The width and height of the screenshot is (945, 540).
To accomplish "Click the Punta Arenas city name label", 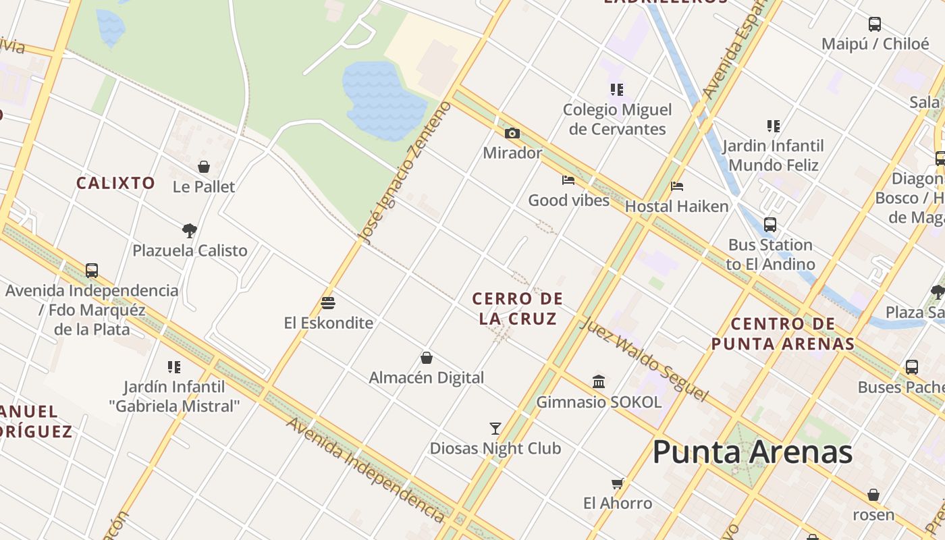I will pyautogui.click(x=752, y=452).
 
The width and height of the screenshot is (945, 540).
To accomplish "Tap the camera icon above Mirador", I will pyautogui.click(x=512, y=133).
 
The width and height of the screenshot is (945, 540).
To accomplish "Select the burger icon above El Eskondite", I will pyautogui.click(x=328, y=302).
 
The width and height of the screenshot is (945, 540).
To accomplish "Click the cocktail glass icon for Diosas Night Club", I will pyautogui.click(x=495, y=429).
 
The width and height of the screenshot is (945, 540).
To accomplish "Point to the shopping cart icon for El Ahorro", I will pyautogui.click(x=617, y=483).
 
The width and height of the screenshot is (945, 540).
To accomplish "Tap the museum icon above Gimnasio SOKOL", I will pyautogui.click(x=599, y=382).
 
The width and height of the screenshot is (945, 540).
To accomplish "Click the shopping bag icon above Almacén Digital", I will pyautogui.click(x=427, y=358).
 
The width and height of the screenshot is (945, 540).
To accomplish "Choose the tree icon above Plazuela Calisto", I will pyautogui.click(x=190, y=231).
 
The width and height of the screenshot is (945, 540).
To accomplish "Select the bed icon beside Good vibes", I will pyautogui.click(x=568, y=180).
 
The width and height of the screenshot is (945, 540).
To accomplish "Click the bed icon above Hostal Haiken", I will pyautogui.click(x=677, y=186).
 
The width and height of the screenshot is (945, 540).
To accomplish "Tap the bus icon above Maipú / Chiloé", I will pyautogui.click(x=875, y=24).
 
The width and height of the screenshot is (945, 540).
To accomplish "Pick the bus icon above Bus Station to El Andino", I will pyautogui.click(x=770, y=225).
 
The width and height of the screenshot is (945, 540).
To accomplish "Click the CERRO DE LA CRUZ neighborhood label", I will pyautogui.click(x=518, y=308).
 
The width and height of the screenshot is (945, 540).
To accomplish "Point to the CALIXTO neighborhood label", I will pyautogui.click(x=115, y=183).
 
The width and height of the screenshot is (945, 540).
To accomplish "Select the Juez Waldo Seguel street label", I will pyautogui.click(x=644, y=358).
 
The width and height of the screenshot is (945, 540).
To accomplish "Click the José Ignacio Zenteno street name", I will pyautogui.click(x=404, y=173).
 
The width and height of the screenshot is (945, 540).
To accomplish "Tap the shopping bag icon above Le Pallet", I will pyautogui.click(x=204, y=167).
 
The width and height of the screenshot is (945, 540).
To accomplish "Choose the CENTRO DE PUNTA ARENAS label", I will pyautogui.click(x=783, y=333).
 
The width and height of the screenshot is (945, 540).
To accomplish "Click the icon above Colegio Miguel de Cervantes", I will pyautogui.click(x=616, y=90).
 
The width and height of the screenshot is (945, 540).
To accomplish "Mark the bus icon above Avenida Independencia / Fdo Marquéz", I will pyautogui.click(x=92, y=271).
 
